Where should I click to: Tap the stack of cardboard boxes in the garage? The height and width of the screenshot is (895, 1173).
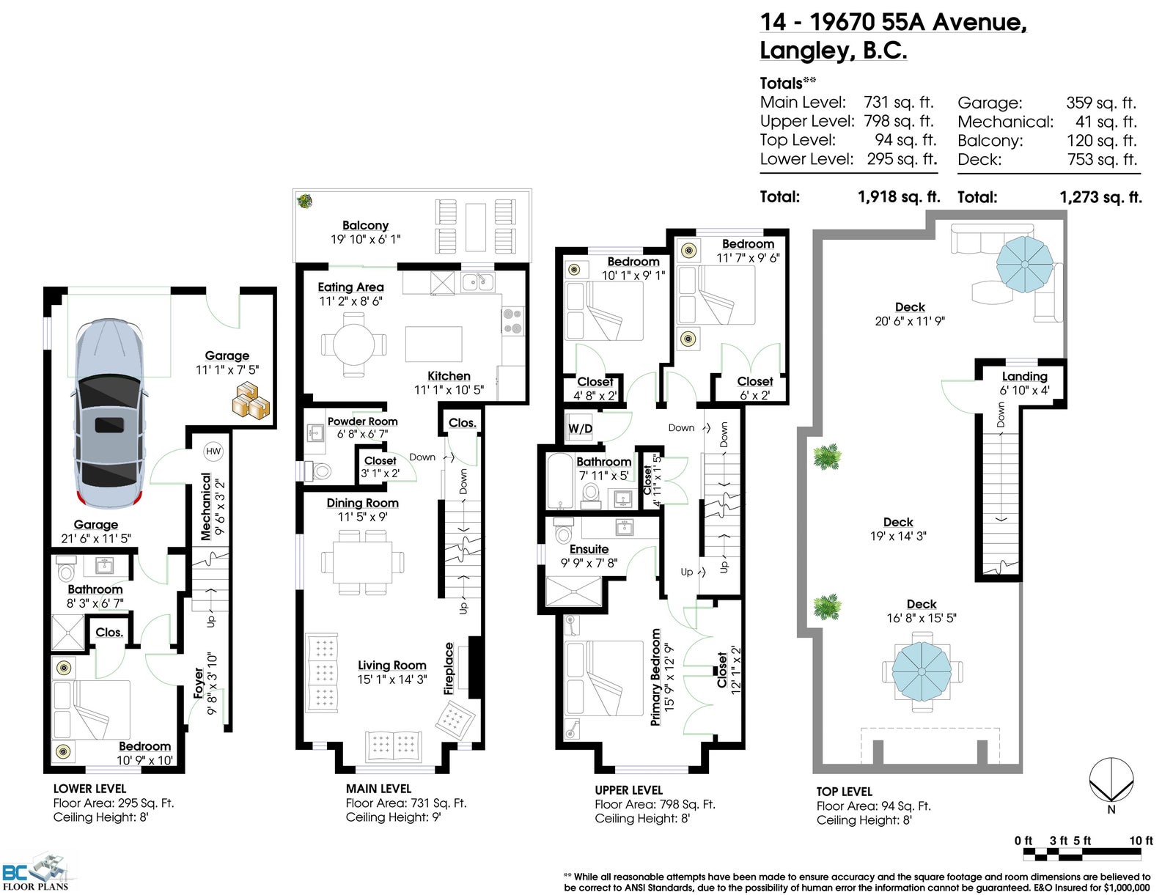click(x=251, y=399)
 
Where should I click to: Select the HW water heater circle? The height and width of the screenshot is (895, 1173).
click(x=213, y=451)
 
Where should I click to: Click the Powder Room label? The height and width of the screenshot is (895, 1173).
click(x=362, y=421)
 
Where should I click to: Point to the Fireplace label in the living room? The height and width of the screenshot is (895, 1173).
click(x=449, y=668)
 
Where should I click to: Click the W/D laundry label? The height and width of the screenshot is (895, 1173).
click(x=580, y=429)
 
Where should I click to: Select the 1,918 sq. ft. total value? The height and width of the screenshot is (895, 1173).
click(x=899, y=196)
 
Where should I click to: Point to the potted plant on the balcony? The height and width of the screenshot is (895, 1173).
click(x=304, y=202)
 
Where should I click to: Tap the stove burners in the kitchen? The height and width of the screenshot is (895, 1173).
click(x=512, y=321)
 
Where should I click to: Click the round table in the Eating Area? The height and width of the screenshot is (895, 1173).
click(x=353, y=345)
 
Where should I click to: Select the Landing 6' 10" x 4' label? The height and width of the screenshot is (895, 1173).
click(x=1024, y=383)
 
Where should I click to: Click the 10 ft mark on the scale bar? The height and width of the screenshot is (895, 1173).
click(x=1141, y=841)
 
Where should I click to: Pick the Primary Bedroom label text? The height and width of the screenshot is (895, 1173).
click(x=655, y=677)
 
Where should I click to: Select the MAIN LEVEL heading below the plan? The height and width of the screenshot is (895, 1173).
click(x=378, y=789)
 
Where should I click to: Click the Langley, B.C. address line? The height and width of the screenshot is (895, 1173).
click(x=833, y=51)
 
